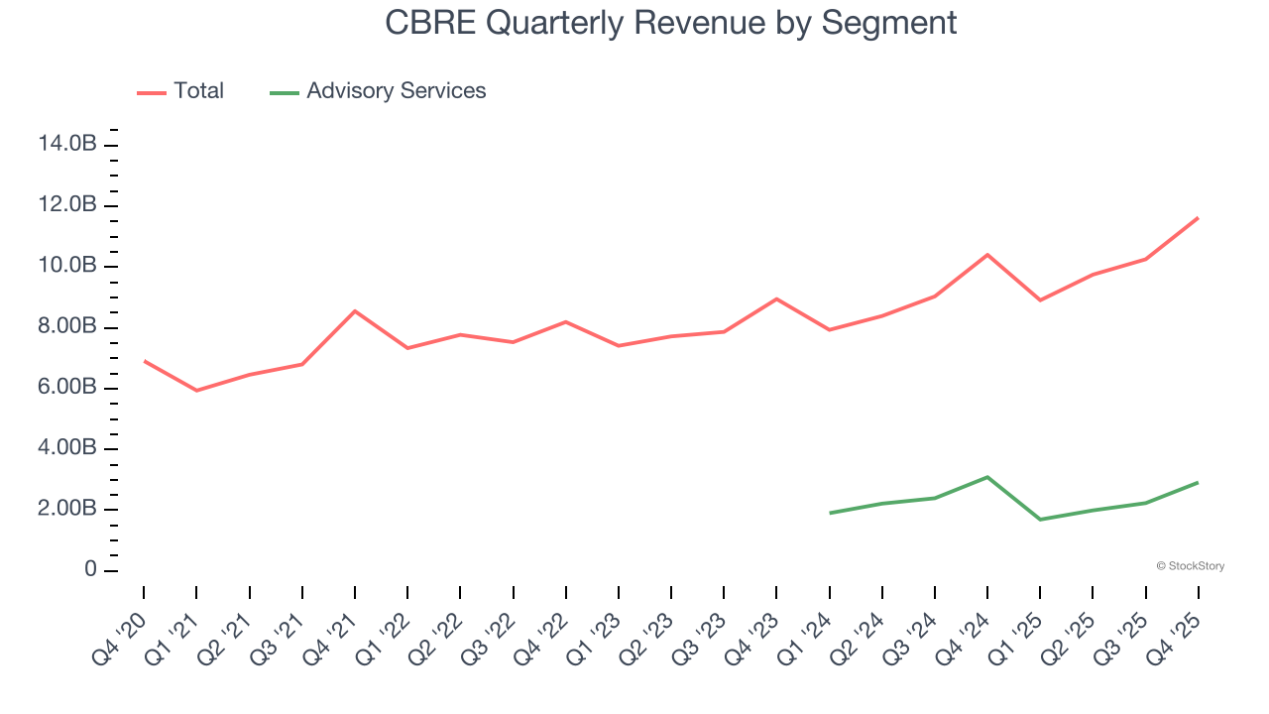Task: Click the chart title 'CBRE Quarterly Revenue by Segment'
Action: point(671,23)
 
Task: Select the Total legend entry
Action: point(181,91)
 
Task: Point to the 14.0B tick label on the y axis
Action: point(67,145)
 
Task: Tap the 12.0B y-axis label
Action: point(67,205)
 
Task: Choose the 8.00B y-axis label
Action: point(67,327)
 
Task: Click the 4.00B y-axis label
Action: point(67,448)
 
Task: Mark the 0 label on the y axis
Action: point(90,570)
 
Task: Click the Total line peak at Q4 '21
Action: point(355,311)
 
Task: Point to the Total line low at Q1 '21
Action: point(196,391)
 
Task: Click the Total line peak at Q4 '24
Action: point(987,255)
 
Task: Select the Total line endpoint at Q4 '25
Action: point(1198,218)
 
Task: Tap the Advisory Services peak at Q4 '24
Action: point(987,477)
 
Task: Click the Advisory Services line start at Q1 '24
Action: point(830,513)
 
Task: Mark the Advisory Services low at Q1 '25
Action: point(1040,520)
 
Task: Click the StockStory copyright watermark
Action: point(1190,566)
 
